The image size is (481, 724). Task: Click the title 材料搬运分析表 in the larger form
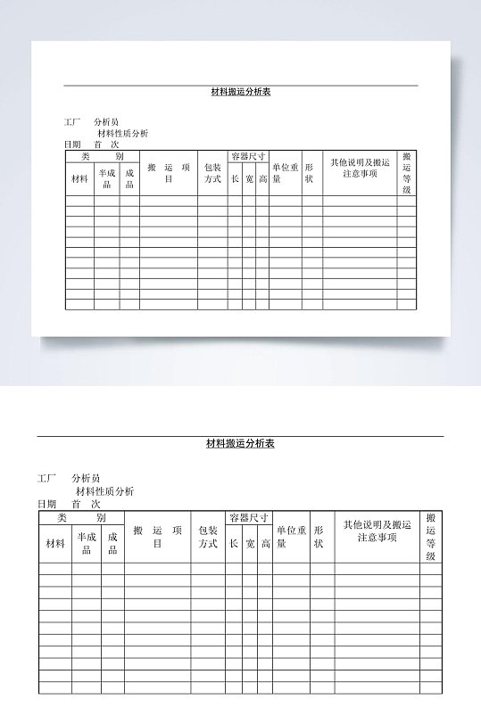(x=240, y=443)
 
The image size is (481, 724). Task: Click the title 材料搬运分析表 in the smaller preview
(x=240, y=91)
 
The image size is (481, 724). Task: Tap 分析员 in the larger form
(x=87, y=478)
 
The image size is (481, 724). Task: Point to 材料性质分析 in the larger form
(x=105, y=490)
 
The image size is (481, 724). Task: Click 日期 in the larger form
(x=46, y=504)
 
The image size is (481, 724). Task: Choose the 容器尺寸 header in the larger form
(x=249, y=517)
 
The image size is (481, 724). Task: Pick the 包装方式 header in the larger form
(x=209, y=537)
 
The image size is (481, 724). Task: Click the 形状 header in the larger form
(x=319, y=537)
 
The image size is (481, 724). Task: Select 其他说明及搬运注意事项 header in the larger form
(x=377, y=531)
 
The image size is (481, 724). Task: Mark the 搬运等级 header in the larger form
(x=431, y=537)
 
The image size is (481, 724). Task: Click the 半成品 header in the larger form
(x=87, y=543)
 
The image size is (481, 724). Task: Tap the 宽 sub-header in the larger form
(x=250, y=543)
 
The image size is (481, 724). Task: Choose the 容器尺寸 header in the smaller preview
(x=248, y=156)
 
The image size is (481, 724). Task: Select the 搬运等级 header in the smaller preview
(x=407, y=172)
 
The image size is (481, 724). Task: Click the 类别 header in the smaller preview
(x=102, y=156)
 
